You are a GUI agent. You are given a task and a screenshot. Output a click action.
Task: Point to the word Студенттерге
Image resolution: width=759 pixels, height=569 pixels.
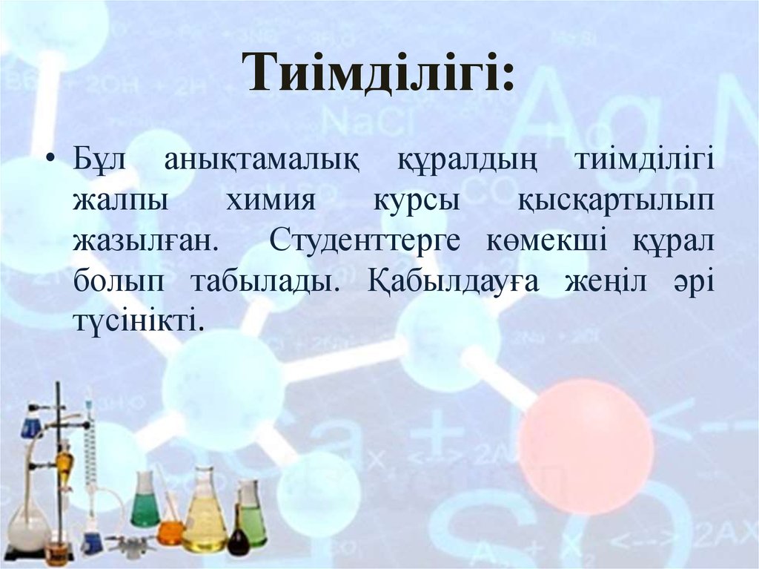[366, 241]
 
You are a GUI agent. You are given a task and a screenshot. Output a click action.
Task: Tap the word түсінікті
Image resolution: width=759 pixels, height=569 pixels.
[136, 320]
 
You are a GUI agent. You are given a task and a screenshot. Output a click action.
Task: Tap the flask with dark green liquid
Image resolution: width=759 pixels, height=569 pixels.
[145, 501]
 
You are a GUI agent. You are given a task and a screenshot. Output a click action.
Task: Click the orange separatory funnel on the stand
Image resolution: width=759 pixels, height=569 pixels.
[64, 464]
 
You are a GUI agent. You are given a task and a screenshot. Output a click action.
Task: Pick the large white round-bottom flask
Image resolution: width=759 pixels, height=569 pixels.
[28, 523]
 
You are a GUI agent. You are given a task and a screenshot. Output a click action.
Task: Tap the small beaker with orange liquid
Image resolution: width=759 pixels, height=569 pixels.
[170, 531]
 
